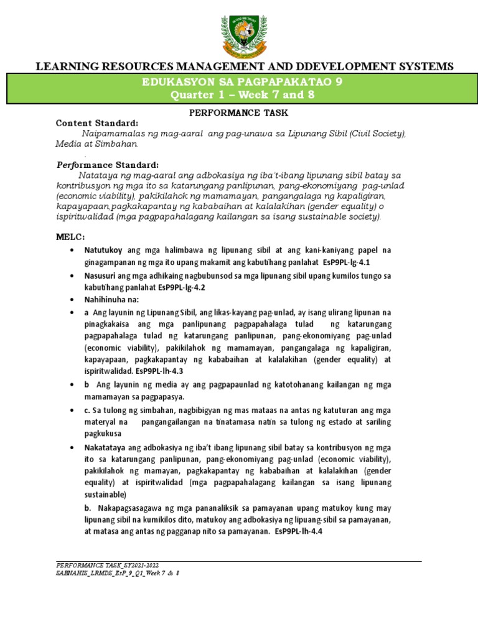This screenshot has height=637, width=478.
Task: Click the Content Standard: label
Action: tap(97, 123)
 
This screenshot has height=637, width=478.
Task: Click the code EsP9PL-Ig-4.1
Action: tap(342, 263)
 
